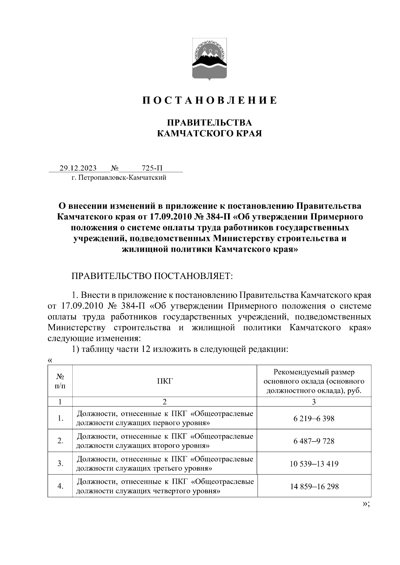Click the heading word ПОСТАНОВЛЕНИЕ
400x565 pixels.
(210, 100)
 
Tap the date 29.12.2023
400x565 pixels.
(78, 168)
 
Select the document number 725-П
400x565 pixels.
(152, 168)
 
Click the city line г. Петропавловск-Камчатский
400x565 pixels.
(119, 178)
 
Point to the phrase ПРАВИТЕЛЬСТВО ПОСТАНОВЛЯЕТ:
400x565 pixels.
(152, 276)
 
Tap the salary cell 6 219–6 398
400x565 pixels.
(314, 419)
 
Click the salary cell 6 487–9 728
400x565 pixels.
(314, 441)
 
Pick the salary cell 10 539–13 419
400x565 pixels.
(314, 464)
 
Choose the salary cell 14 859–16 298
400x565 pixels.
(314, 486)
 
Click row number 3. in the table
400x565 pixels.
(60, 463)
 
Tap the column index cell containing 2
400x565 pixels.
(165, 402)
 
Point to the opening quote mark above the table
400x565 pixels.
(50, 361)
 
